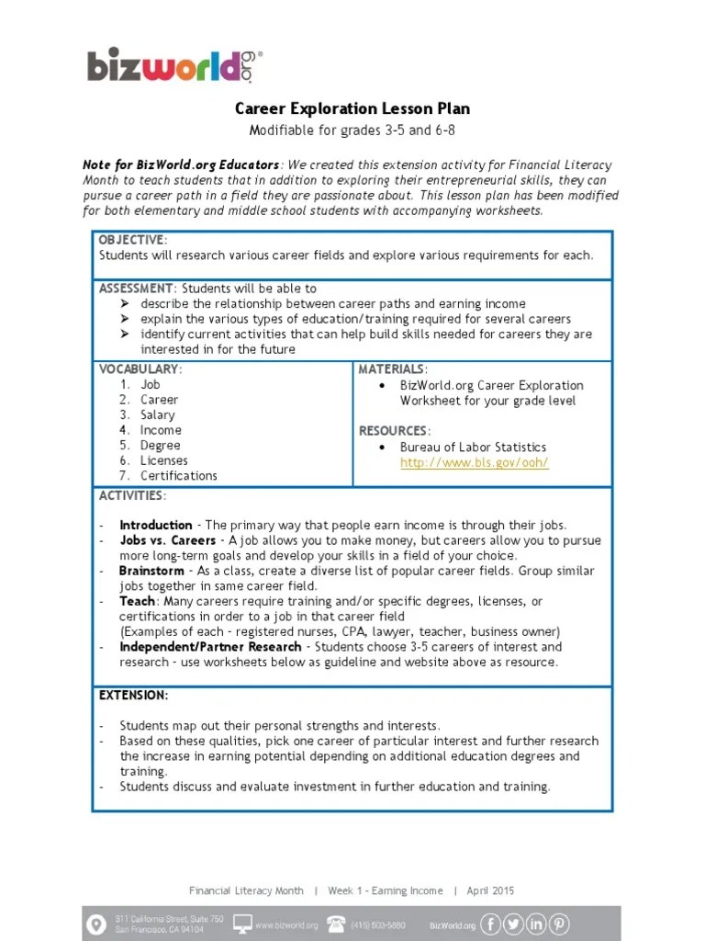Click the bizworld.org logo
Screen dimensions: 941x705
[x=174, y=65]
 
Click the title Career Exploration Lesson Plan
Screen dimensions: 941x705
[x=352, y=108]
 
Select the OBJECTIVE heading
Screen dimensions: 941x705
[x=131, y=240]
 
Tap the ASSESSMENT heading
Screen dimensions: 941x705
[x=136, y=289]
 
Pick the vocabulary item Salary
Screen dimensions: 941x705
[x=157, y=415]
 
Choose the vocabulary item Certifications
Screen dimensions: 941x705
[x=179, y=476]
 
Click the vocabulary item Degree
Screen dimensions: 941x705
[x=160, y=446]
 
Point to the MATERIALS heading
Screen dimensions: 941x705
[x=392, y=369]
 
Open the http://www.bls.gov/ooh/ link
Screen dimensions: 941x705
[x=474, y=462]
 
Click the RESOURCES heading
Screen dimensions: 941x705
[x=393, y=431]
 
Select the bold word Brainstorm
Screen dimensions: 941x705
[x=151, y=571]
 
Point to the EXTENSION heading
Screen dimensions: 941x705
[x=133, y=696]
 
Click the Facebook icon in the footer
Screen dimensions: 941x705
[x=491, y=924]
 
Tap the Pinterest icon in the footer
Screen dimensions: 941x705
[x=558, y=924]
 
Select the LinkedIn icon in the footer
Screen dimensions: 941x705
[x=536, y=924]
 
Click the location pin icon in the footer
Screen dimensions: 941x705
[x=95, y=924]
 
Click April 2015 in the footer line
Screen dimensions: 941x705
[x=490, y=890]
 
